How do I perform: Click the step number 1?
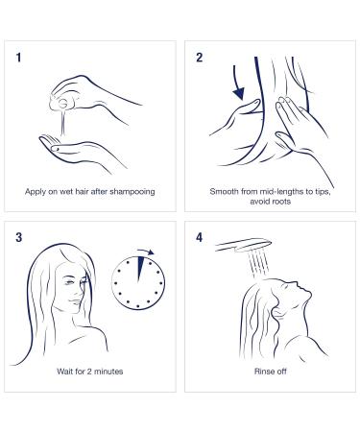coord(18,58)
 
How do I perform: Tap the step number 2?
coord(200,58)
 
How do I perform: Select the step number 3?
coord(19,237)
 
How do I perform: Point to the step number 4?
coord(200,237)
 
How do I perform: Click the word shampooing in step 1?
coord(132,192)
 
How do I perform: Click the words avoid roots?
coord(271,202)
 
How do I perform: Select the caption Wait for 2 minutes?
coord(90,372)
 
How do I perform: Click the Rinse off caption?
coord(271,372)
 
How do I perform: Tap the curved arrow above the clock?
coord(146,252)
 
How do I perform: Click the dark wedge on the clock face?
coord(139,268)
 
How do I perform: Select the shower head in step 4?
coord(244,245)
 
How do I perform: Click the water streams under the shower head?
coord(258,264)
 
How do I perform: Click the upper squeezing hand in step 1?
coord(93,94)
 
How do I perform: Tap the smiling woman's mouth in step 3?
coord(75,301)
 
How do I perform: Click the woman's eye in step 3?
coord(69,282)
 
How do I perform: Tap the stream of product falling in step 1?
coord(63,122)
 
